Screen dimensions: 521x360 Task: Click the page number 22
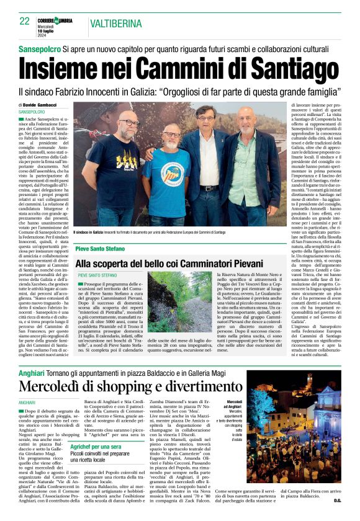[x=25, y=21]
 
